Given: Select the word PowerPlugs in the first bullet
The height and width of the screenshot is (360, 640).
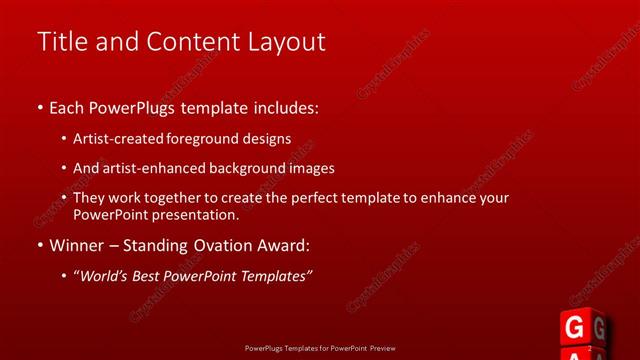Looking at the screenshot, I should coord(135,105).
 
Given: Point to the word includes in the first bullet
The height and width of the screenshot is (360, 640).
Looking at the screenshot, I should coord(281,105).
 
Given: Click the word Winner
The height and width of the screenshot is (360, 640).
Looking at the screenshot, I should coord(76,245).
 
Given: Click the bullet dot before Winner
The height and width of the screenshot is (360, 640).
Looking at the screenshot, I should coord(39,245).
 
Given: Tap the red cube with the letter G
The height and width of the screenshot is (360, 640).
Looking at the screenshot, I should coord(574,328).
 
